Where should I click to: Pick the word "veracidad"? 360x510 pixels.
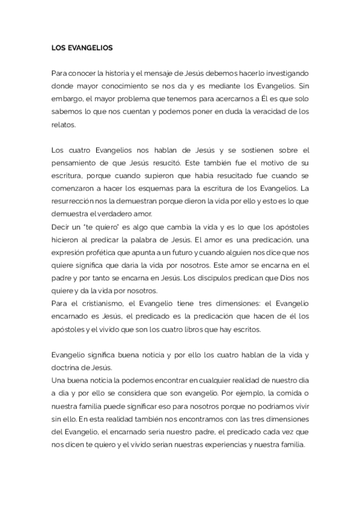coord(275,111)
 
